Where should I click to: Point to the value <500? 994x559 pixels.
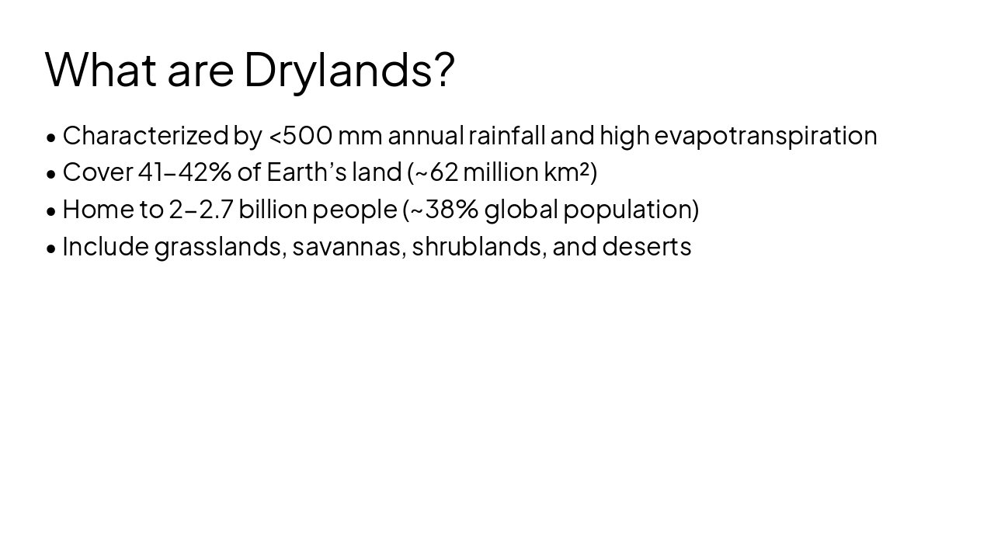click(x=301, y=136)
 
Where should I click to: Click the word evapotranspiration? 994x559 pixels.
click(x=766, y=136)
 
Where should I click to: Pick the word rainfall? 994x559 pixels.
click(x=506, y=136)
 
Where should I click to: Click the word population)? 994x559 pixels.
click(x=631, y=210)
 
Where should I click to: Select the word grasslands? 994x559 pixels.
click(x=220, y=247)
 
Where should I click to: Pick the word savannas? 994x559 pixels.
click(x=348, y=247)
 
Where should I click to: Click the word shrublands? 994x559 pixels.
click(x=478, y=247)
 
